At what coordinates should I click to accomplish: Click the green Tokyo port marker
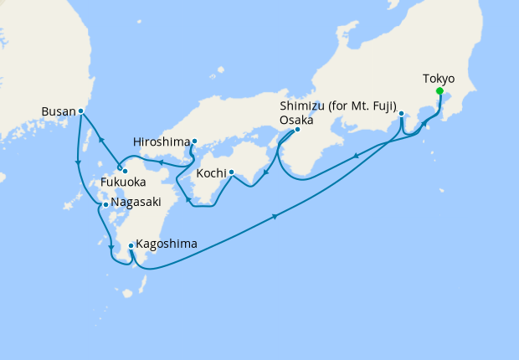439,92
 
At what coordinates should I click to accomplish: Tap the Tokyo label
439,79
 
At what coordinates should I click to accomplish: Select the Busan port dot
80,111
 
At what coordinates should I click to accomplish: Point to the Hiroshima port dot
194,141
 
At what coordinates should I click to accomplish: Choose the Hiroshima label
162,141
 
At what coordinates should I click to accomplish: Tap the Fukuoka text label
123,182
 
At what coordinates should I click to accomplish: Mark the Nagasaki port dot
105,204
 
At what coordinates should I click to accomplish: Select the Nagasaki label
136,203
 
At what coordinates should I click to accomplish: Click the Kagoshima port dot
131,246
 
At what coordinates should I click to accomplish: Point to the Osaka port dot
297,130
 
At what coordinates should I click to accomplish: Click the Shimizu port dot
401,114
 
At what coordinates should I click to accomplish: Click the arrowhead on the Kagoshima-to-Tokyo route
275,219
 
